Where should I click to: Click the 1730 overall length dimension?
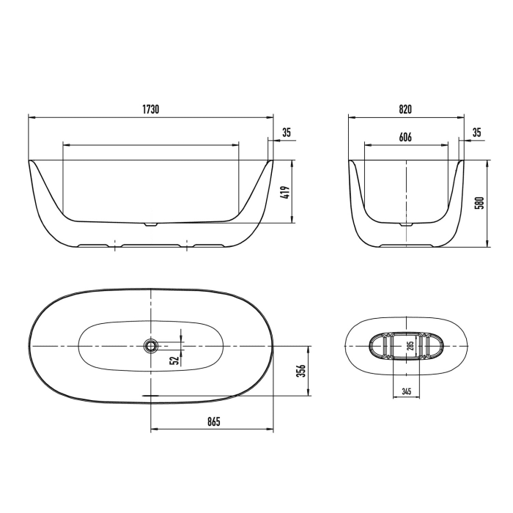click(151, 108)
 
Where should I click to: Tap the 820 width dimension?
click(405, 108)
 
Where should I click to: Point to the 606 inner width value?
click(405, 137)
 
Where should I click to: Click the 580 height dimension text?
click(480, 203)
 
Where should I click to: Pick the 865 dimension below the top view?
click(212, 422)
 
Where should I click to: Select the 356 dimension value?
click(300, 372)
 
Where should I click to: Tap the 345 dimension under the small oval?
click(406, 391)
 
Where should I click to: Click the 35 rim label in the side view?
click(287, 133)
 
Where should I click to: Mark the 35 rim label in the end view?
click(476, 133)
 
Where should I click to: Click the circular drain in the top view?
click(151, 344)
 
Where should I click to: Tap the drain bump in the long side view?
click(151, 224)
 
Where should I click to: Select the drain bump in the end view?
click(405, 224)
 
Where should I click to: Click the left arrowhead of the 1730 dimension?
click(30, 116)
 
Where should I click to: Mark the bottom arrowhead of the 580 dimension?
click(488, 244)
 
